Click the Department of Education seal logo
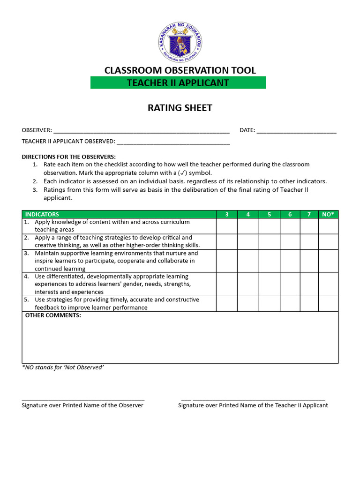click(180, 42)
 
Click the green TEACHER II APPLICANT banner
click(178, 83)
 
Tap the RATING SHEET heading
click(180, 108)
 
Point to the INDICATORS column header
click(42, 214)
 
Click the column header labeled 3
click(227, 214)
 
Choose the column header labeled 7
click(309, 214)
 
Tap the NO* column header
click(328, 214)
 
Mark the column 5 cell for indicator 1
click(270, 226)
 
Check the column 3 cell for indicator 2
click(227, 241)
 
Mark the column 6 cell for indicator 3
click(290, 261)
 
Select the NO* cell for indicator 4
click(328, 284)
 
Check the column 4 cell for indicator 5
click(248, 303)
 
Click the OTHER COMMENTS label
click(53, 315)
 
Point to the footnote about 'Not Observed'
click(63, 367)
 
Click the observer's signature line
click(83, 399)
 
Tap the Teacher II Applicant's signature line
click(253, 399)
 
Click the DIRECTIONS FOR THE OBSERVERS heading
click(68, 157)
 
